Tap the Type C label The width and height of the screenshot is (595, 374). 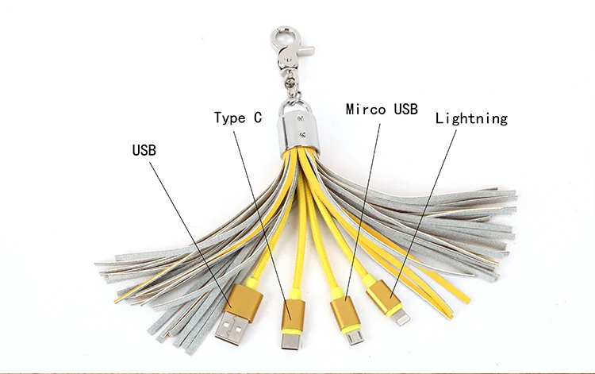pos(237,118)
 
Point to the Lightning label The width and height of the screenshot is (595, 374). pos(470,118)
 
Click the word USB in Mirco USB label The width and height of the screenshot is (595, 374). pos(402,109)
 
